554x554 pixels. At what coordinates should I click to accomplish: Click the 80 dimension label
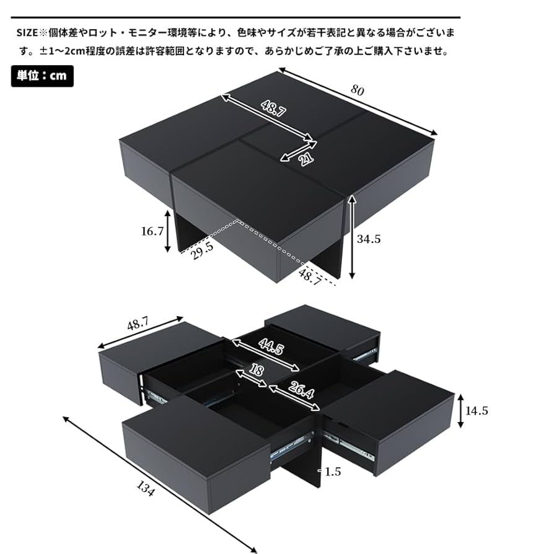coord(358,90)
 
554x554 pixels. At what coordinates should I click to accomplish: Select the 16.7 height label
coord(152,232)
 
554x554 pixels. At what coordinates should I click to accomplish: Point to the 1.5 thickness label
coord(333,472)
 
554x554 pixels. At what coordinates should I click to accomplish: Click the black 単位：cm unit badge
coord(42,76)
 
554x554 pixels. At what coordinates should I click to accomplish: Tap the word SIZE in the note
coord(28,32)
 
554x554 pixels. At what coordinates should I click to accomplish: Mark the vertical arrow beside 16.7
coord(167,232)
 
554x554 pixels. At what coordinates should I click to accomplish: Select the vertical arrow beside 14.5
coord(460,411)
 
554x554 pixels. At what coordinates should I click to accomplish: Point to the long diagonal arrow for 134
coord(158,483)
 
